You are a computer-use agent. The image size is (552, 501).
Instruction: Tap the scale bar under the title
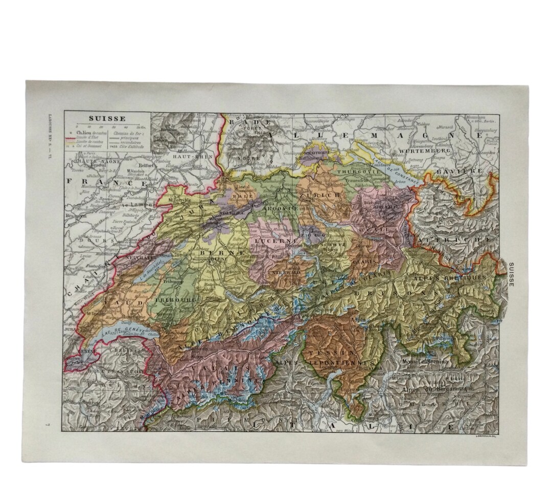pyautogui.click(x=108, y=126)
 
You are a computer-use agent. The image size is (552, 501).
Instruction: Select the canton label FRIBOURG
pyautogui.click(x=175, y=298)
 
